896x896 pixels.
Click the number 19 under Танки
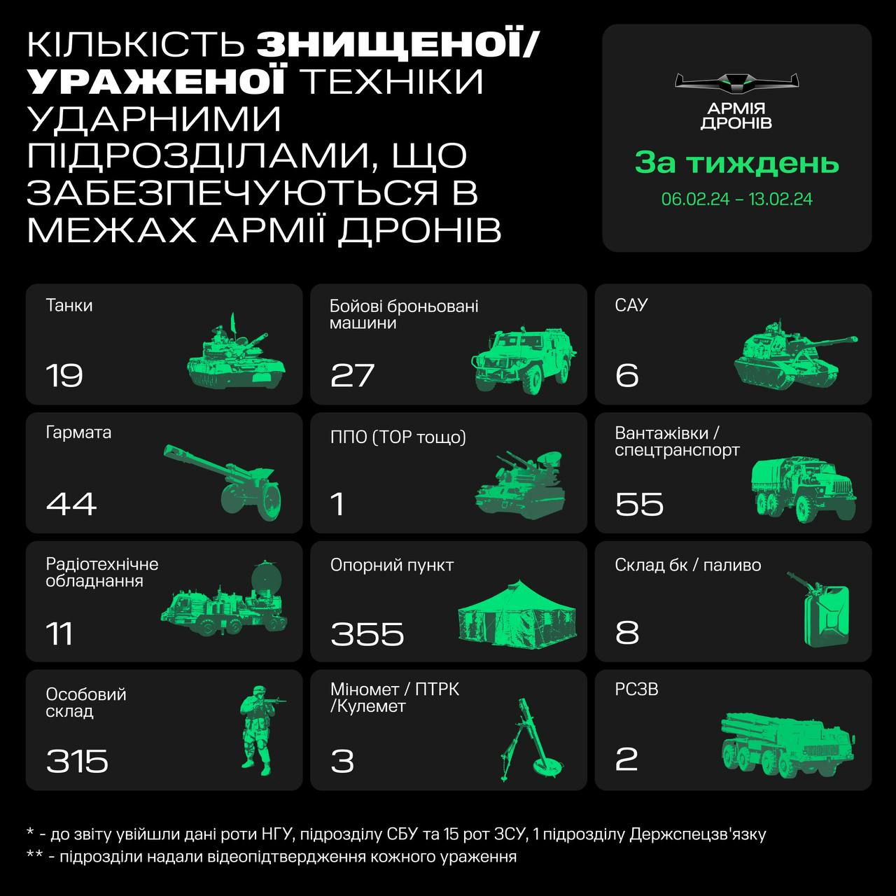64,376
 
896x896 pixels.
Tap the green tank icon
237,355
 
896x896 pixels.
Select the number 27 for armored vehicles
353,376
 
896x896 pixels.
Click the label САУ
631,305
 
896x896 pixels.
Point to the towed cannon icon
225,480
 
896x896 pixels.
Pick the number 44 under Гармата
71,504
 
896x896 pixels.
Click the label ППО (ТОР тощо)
398,437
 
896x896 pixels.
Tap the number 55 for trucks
639,504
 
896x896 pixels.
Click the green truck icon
804,488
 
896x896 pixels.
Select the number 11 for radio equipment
59,633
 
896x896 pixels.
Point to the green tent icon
517,614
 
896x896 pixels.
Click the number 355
367,633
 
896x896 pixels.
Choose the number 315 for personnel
77,761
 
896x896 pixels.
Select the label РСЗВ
636,689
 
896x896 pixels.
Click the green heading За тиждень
736,163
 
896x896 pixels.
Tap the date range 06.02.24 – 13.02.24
736,199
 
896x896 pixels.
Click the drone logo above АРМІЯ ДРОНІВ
736,83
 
